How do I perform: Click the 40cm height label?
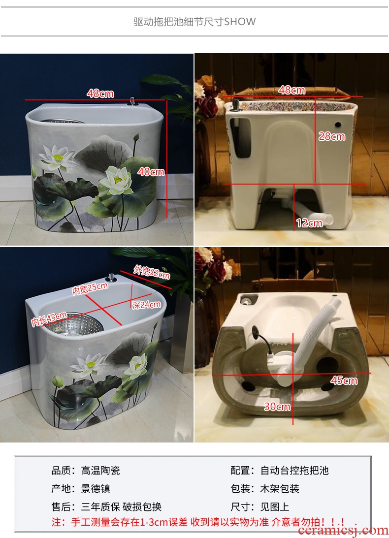coord(151,171)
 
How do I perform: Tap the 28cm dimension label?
coord(332,136)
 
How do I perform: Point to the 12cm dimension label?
coord(309,223)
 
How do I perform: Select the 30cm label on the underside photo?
coord(277,407)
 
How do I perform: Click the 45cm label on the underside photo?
coord(344,380)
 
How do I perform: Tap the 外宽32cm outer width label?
coord(151,272)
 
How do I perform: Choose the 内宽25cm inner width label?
coord(90,288)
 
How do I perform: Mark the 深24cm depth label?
coord(146,304)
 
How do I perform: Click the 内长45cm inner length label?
coord(49,319)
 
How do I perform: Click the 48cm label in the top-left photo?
coord(100,94)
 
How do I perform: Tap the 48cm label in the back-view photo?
coord(292,90)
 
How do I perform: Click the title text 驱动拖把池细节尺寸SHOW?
coord(194,22)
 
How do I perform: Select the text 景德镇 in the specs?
coord(96,488)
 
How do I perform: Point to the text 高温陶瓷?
coord(100,470)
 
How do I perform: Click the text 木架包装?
coord(280,488)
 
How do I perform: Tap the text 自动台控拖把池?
coord(294,470)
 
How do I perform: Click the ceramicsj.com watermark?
coord(343,531)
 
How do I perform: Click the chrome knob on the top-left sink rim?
coord(132,101)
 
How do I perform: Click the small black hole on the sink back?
coord(338,125)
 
